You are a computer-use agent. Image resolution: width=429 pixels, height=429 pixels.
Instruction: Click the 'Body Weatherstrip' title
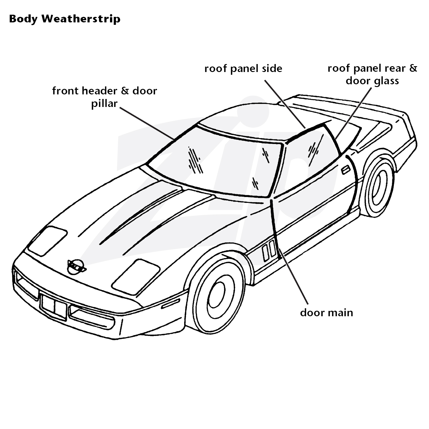coord(65,19)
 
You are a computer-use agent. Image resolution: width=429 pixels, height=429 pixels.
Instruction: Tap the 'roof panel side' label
coord(243,69)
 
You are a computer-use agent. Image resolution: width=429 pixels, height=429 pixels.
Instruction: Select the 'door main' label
coord(327,313)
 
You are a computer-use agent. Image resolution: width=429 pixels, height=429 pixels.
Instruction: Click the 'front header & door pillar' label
coord(104,97)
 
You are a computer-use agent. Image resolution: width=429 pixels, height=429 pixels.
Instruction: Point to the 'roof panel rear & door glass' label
coord(372,74)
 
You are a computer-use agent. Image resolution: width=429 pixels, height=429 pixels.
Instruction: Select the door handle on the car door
coord(346,170)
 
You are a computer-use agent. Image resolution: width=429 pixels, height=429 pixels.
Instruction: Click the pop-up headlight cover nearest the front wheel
coord(135,277)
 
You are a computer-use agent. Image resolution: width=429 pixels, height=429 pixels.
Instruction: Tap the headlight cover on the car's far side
coord(47,241)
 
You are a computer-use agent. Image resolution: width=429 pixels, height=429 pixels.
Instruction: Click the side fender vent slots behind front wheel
coord(269,250)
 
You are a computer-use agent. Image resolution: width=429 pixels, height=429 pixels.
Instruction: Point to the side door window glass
coord(312,160)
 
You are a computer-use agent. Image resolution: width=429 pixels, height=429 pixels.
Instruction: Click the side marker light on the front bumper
coord(171,304)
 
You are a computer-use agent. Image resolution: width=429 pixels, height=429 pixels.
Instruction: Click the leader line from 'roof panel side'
coord(285,104)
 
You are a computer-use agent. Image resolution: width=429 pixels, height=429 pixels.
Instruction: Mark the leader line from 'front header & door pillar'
coord(147,123)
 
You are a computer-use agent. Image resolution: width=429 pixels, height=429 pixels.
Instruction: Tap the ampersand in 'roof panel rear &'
coord(413,69)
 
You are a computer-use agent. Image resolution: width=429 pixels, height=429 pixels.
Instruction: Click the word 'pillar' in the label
coord(104,104)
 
